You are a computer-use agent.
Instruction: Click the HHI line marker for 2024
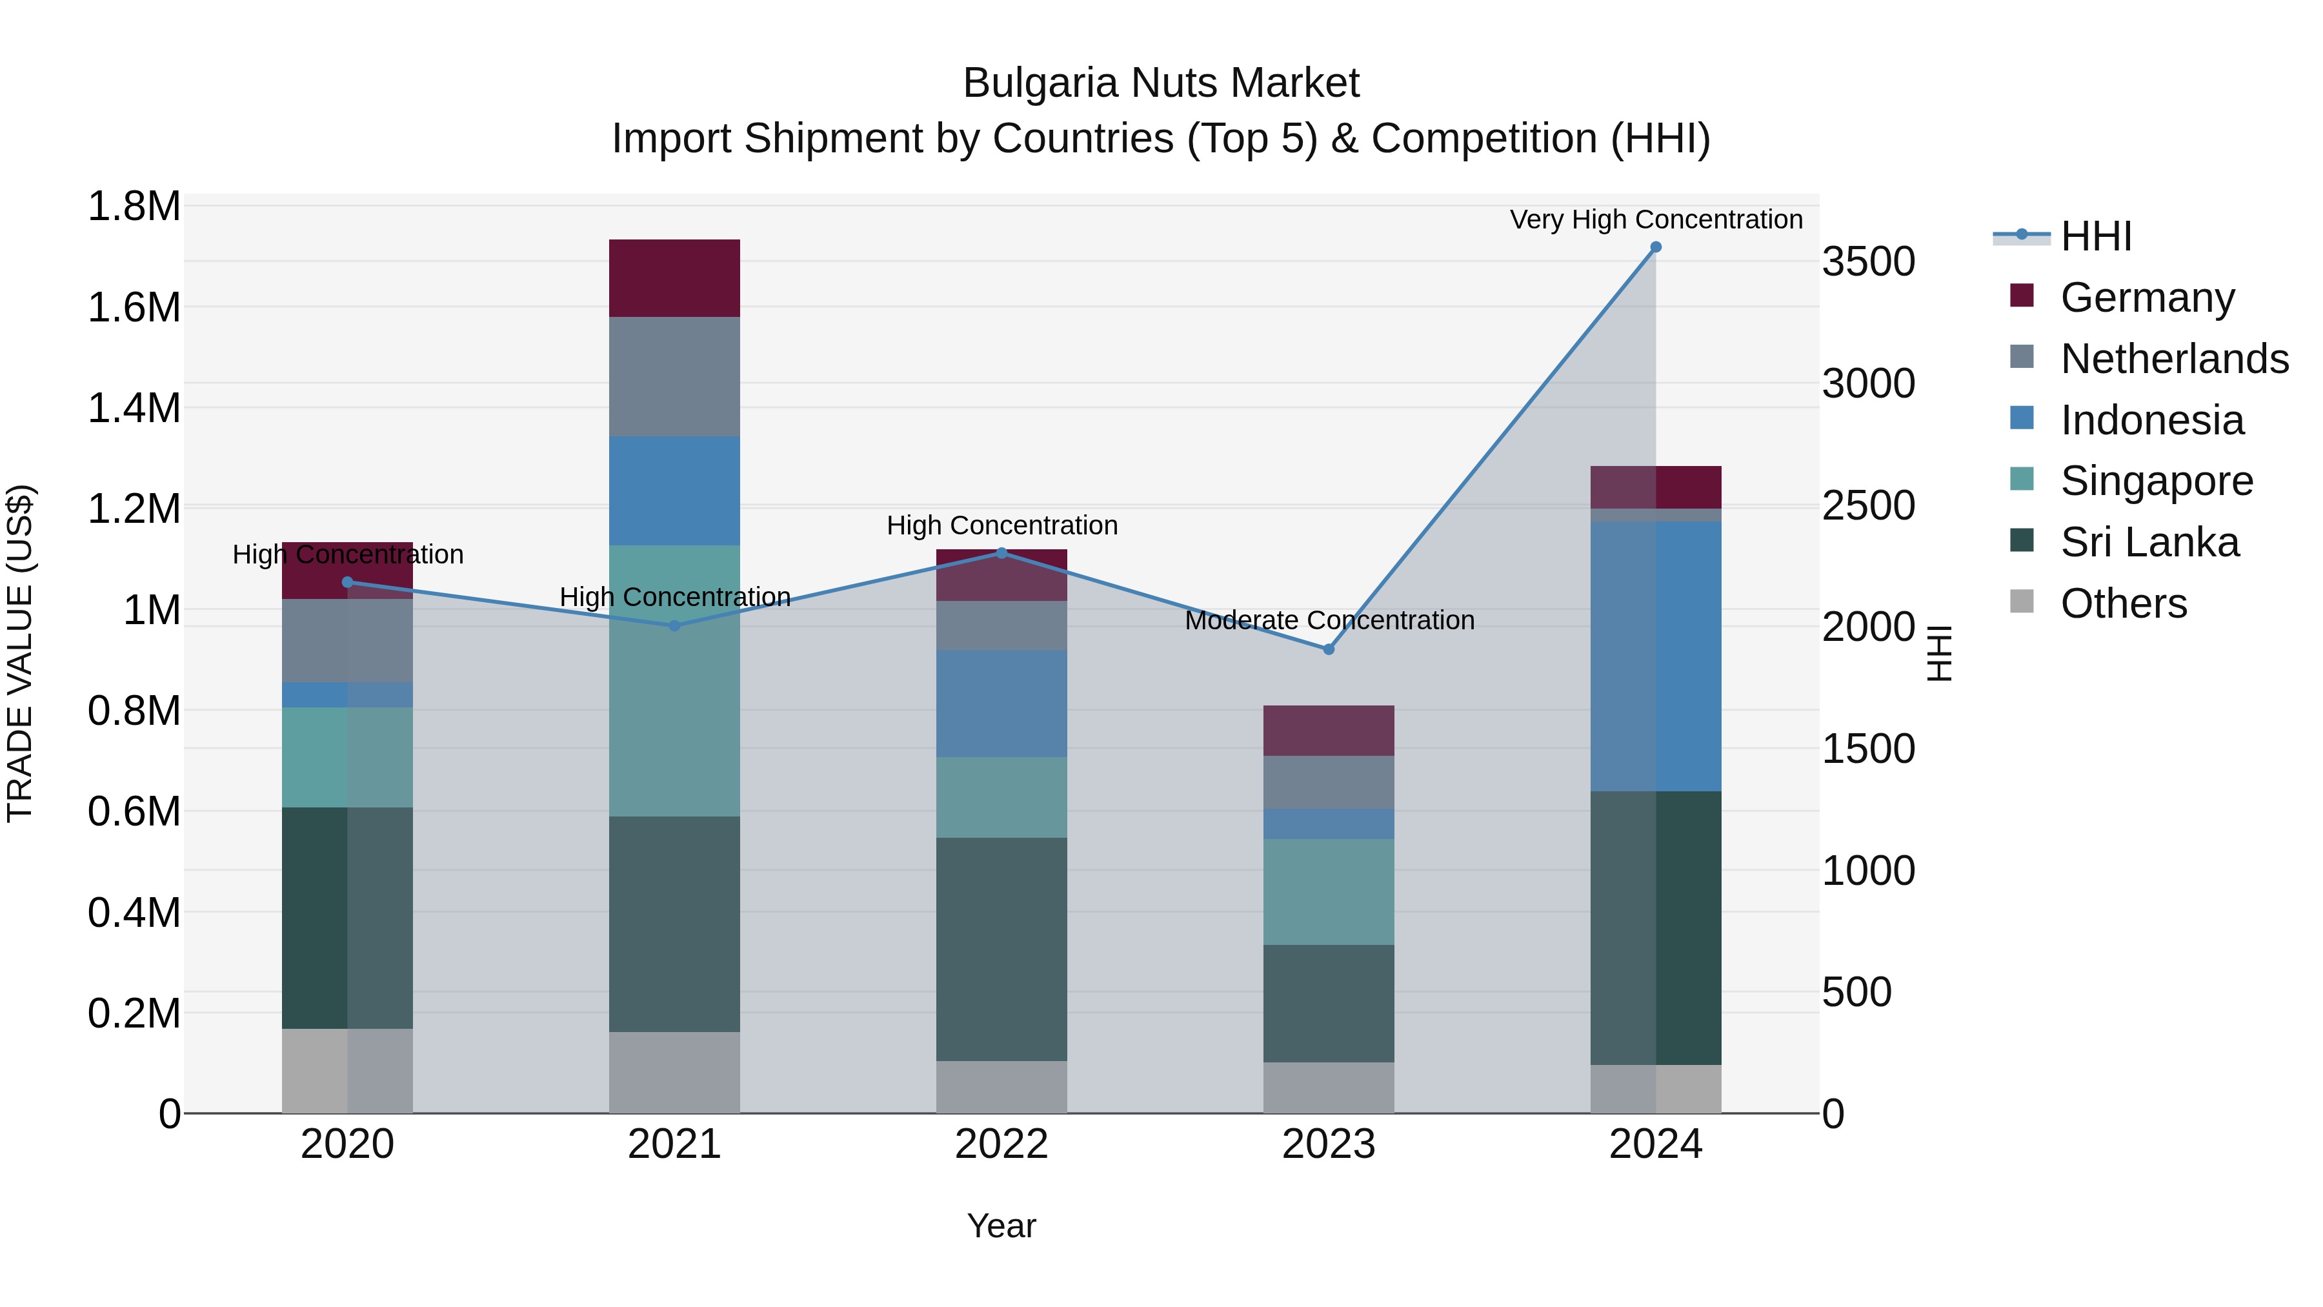click(x=1656, y=247)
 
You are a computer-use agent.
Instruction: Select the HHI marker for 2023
click(x=1329, y=649)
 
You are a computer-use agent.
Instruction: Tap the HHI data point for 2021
click(x=674, y=626)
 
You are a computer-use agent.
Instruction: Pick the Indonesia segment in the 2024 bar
click(x=1656, y=656)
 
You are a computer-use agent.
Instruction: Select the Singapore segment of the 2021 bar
click(x=674, y=681)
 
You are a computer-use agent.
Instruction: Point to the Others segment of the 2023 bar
click(x=1329, y=1087)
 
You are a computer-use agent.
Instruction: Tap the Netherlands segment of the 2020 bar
click(x=347, y=640)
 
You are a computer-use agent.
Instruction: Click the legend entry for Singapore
click(x=2155, y=481)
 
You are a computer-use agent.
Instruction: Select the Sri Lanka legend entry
click(x=2148, y=542)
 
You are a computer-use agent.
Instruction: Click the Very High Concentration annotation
click(x=1656, y=219)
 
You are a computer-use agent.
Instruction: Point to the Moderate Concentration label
click(x=1329, y=620)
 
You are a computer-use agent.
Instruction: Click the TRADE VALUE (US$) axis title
click(x=20, y=653)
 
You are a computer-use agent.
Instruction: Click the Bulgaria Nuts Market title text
click(x=1161, y=83)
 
